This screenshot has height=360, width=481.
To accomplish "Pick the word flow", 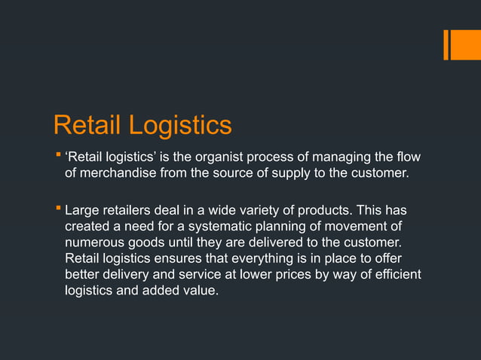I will (408, 157).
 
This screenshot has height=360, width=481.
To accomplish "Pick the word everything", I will (262, 258).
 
